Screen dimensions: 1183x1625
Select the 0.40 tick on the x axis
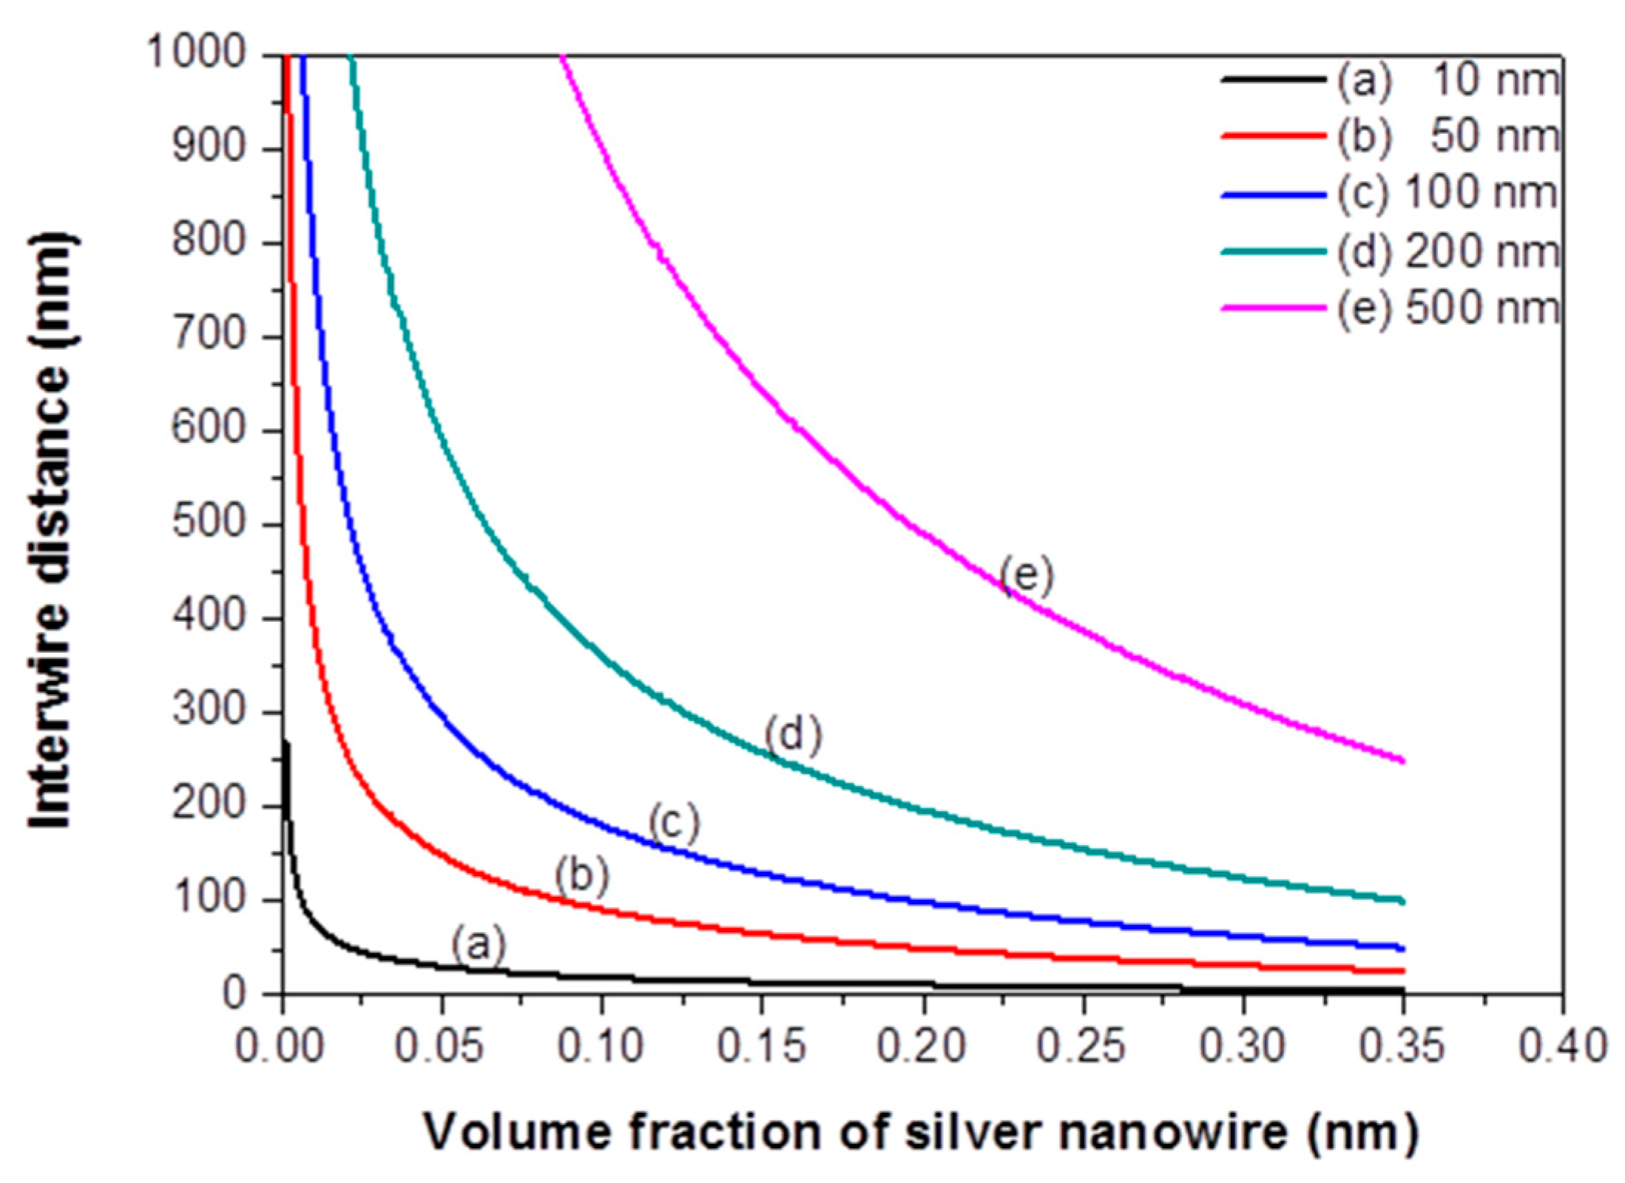click(1561, 1046)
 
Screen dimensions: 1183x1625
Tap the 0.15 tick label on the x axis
click(762, 1046)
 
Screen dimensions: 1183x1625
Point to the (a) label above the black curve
click(479, 944)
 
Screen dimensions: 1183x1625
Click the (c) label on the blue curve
click(674, 822)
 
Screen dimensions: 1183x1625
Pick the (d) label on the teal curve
click(793, 736)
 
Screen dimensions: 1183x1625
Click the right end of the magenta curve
click(1402, 760)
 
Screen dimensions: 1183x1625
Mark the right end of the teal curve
click(1402, 901)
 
